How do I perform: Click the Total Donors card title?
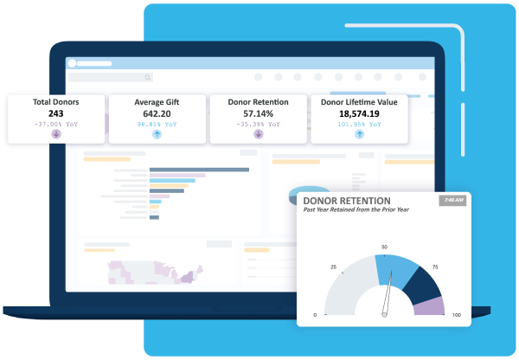[55, 102]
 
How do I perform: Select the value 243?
[55, 113]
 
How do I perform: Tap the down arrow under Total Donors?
[56, 134]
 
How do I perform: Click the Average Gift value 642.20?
[157, 113]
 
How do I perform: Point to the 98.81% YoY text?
[157, 124]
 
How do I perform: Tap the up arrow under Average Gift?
[157, 134]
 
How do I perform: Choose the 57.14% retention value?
[258, 113]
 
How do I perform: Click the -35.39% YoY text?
[258, 124]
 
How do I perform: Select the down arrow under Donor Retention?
[258, 134]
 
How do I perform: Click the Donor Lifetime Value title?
[359, 102]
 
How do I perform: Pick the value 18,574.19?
[359, 113]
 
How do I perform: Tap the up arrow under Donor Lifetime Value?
[359, 134]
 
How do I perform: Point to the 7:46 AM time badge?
[453, 201]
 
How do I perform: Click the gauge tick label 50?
[383, 247]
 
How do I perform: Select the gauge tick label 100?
[456, 314]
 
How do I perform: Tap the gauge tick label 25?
[333, 267]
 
